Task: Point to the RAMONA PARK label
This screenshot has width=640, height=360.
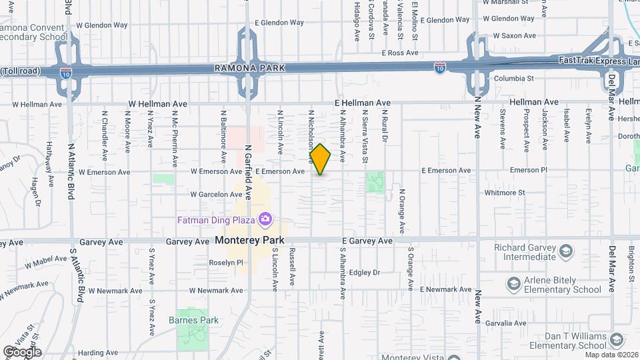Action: [x=249, y=68]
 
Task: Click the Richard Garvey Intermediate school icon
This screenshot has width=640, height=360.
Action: [x=565, y=251]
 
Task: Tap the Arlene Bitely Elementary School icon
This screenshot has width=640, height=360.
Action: [x=514, y=285]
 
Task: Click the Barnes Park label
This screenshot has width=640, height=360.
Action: [x=198, y=320]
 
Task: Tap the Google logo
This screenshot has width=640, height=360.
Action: [x=22, y=351]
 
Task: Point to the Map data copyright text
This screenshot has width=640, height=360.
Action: [x=609, y=354]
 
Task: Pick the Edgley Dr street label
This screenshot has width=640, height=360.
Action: [x=364, y=272]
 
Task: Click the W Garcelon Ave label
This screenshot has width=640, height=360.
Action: [x=216, y=195]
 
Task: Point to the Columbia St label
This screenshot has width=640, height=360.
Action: [x=514, y=78]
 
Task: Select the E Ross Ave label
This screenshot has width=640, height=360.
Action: [x=399, y=52]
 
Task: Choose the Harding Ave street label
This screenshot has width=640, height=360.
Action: [x=97, y=353]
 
